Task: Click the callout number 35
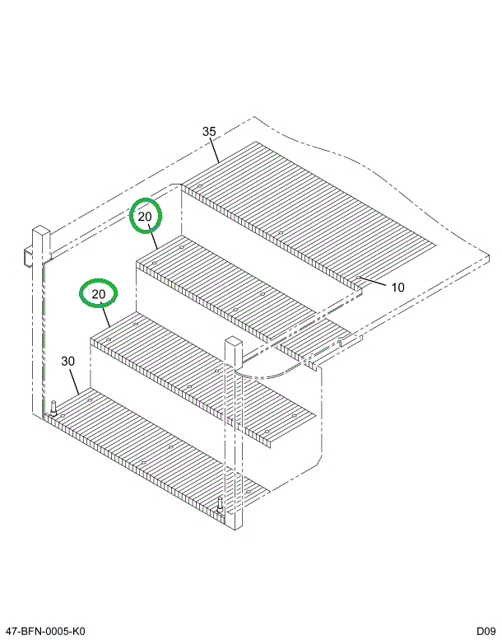(x=209, y=132)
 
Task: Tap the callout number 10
(x=397, y=287)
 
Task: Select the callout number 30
(x=68, y=362)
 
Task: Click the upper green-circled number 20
(x=145, y=217)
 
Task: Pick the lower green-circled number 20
(x=98, y=294)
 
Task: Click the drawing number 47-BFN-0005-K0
(x=45, y=631)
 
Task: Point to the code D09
(x=486, y=631)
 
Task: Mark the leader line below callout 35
(x=216, y=151)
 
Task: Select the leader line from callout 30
(x=74, y=381)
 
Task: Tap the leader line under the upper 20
(x=153, y=237)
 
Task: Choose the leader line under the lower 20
(x=105, y=315)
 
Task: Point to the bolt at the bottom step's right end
(x=221, y=505)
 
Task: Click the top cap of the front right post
(x=234, y=341)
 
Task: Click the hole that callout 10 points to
(x=358, y=278)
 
